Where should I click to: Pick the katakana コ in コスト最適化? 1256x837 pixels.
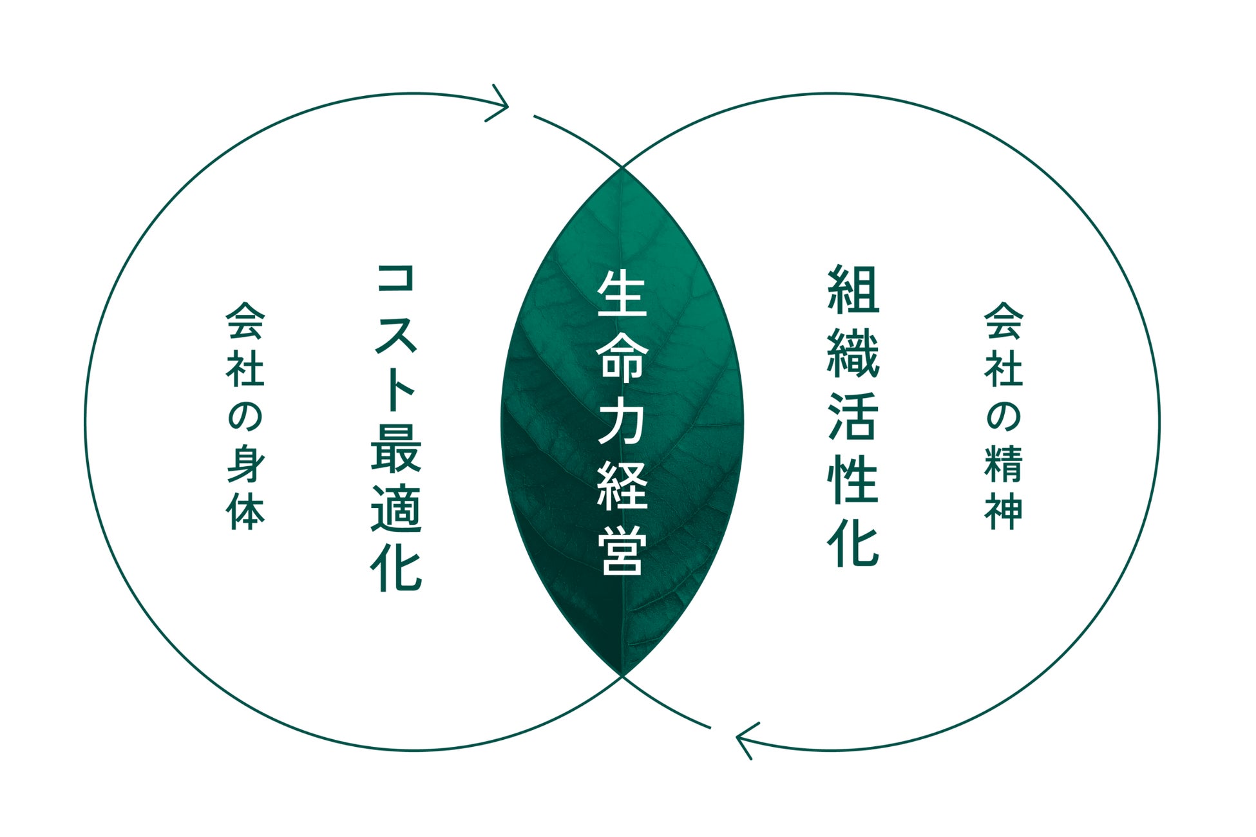click(x=395, y=288)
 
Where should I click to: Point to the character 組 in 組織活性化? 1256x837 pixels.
click(x=853, y=290)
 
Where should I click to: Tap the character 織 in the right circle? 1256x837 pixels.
click(x=853, y=353)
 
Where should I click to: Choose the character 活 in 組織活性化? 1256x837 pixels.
click(x=853, y=417)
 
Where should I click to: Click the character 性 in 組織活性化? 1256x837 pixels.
click(x=853, y=480)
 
